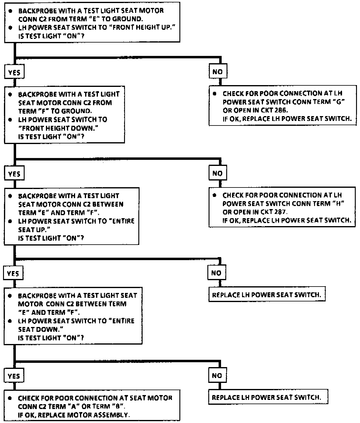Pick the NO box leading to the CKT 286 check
218,72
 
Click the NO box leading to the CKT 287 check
218,174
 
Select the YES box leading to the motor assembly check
14,376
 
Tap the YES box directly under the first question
14,73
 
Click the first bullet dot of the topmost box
11,11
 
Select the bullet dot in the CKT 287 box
215,195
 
